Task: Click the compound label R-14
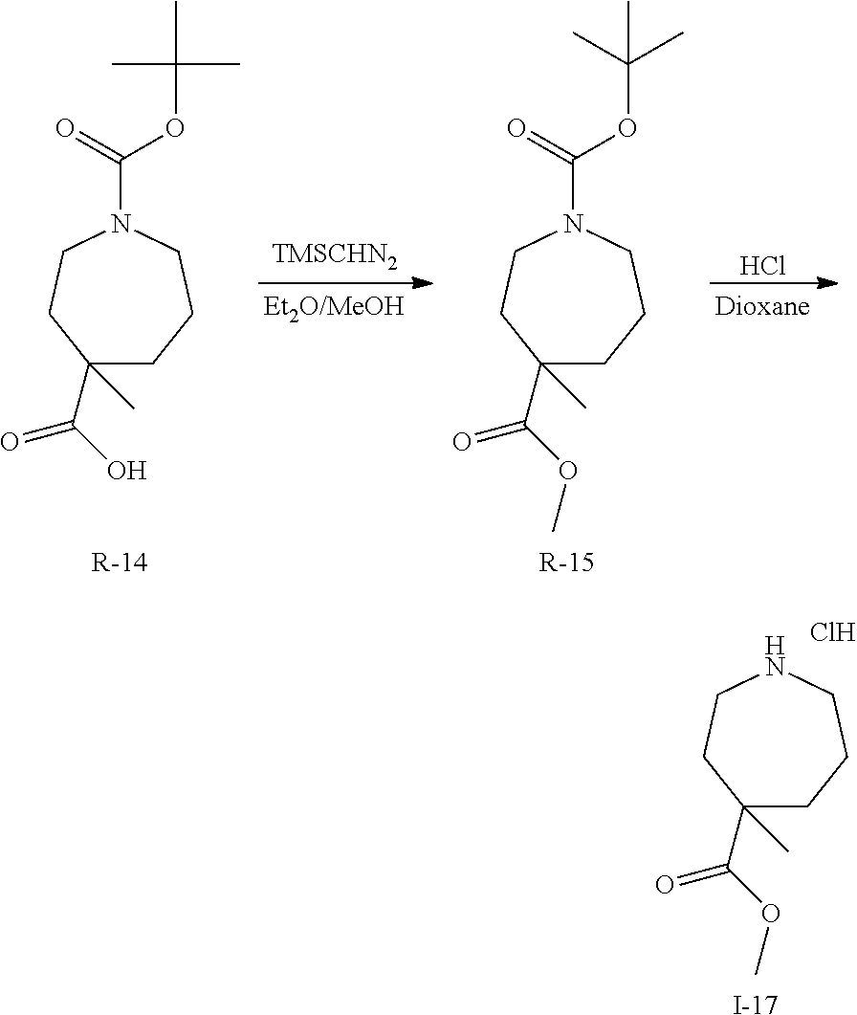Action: click(x=120, y=563)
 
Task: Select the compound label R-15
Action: click(x=566, y=563)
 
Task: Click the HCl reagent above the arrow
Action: click(x=762, y=267)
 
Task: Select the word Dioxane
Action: click(x=762, y=307)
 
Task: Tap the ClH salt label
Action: click(x=831, y=632)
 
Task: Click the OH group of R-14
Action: click(x=126, y=471)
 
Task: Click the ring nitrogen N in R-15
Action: click(x=571, y=225)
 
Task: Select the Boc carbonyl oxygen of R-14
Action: click(x=65, y=130)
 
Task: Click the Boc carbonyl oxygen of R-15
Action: click(x=516, y=130)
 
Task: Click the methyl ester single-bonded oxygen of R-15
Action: click(x=568, y=469)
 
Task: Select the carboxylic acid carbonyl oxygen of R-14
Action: click(x=10, y=441)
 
